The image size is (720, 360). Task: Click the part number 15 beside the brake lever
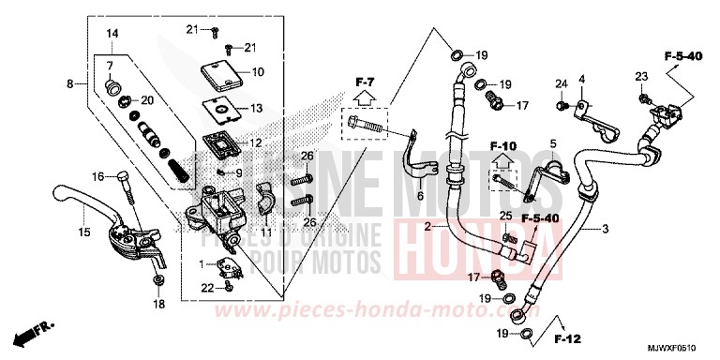pyautogui.click(x=84, y=232)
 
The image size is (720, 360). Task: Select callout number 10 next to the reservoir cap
pyautogui.click(x=258, y=71)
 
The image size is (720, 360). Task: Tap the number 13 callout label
pyautogui.click(x=258, y=109)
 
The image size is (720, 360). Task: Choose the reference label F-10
pyautogui.click(x=503, y=145)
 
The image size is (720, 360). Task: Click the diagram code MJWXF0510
pyautogui.click(x=676, y=347)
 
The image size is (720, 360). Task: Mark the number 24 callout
pyautogui.click(x=562, y=85)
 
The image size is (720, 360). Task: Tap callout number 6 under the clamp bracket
pyautogui.click(x=421, y=195)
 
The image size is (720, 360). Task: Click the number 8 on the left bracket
pyautogui.click(x=71, y=84)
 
